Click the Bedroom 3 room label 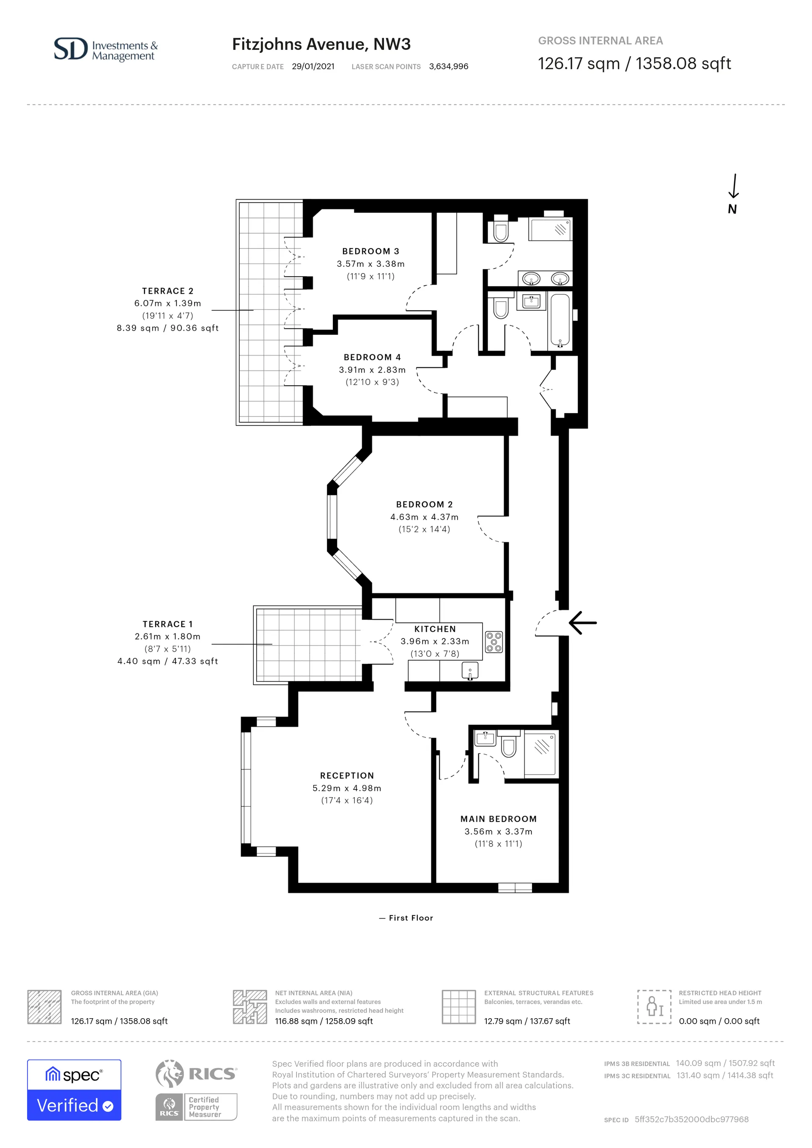pyautogui.click(x=370, y=251)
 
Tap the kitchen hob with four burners pyautogui.click(x=494, y=642)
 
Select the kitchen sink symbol pyautogui.click(x=470, y=671)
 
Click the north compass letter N pyautogui.click(x=732, y=209)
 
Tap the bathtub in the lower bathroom pyautogui.click(x=560, y=321)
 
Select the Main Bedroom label pyautogui.click(x=499, y=819)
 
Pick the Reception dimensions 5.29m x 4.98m pyautogui.click(x=347, y=788)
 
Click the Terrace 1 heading pyautogui.click(x=167, y=624)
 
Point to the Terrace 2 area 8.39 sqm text pyautogui.click(x=167, y=328)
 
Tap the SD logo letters pyautogui.click(x=71, y=49)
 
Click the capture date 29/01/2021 pyautogui.click(x=313, y=66)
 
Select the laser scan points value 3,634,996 pyautogui.click(x=448, y=66)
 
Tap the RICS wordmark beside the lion pyautogui.click(x=212, y=1074)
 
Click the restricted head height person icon pyautogui.click(x=654, y=1006)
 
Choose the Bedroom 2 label pyautogui.click(x=424, y=504)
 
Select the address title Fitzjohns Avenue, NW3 pyautogui.click(x=321, y=44)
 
